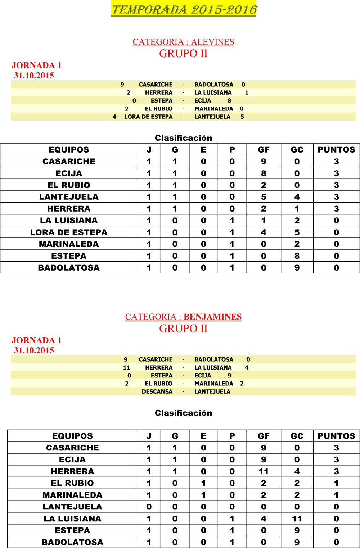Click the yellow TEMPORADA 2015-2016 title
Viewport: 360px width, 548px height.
(184, 9)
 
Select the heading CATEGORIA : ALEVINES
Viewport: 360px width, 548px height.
(183, 42)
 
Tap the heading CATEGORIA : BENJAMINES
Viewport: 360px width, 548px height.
(183, 317)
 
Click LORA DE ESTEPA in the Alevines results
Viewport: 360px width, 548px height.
(148, 117)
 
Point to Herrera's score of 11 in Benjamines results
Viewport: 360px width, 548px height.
(126, 367)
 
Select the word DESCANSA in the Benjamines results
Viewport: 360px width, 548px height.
(157, 391)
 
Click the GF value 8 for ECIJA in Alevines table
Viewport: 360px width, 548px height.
(264, 173)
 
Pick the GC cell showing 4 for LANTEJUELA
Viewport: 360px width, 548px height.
(297, 197)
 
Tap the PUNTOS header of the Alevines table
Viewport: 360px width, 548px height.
(336, 150)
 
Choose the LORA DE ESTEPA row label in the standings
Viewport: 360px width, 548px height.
(69, 232)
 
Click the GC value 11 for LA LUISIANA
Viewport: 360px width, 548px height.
(297, 518)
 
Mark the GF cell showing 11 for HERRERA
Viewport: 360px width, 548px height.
(264, 471)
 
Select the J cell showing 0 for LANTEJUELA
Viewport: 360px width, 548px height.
(149, 507)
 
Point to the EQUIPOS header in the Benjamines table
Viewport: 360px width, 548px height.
(72, 436)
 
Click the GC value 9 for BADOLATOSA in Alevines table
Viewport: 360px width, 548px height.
(297, 268)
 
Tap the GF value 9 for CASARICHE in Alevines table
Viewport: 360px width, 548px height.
(264, 162)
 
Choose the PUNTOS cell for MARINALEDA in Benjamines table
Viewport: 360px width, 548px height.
(336, 495)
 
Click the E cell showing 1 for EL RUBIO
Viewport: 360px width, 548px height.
(203, 483)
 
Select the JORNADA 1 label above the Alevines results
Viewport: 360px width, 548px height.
(36, 65)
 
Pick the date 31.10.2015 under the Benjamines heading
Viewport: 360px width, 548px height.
(34, 350)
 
